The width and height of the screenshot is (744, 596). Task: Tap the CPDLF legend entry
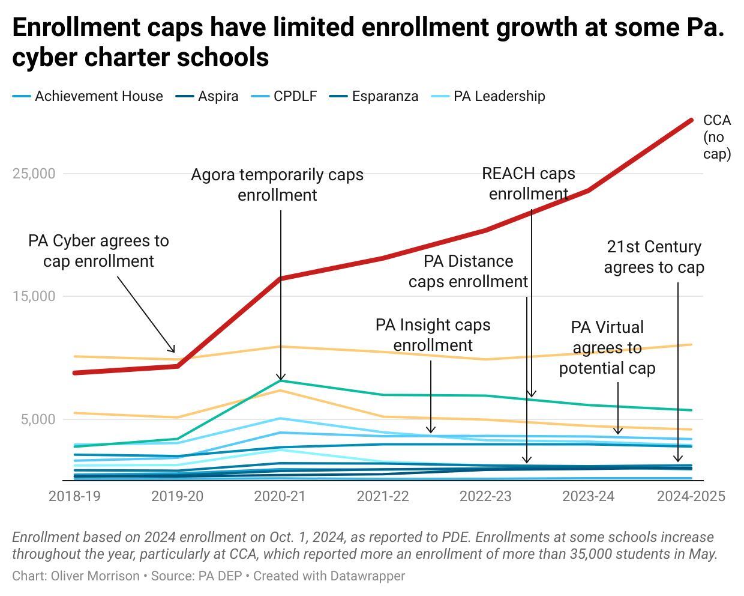point(295,96)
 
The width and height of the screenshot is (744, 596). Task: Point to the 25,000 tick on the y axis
point(34,174)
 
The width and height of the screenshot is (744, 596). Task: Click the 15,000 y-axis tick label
point(34,296)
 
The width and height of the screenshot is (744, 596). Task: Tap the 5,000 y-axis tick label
point(38,419)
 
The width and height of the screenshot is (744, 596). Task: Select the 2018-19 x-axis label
point(74,496)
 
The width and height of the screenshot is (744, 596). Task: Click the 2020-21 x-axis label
point(280,496)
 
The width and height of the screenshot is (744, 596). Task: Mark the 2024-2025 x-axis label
point(691,496)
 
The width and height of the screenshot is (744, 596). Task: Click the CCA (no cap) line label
point(716,137)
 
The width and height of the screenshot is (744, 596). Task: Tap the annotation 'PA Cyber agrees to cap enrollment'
point(98,251)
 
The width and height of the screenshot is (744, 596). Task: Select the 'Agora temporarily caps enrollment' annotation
point(277,185)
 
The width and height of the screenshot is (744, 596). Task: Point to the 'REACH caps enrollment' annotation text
point(528,184)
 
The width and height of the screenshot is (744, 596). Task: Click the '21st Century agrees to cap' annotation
point(653,257)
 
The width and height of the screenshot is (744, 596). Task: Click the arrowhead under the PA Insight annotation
point(431,430)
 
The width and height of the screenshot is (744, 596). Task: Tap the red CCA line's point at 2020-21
point(280,278)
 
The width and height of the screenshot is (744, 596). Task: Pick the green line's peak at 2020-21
point(280,381)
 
